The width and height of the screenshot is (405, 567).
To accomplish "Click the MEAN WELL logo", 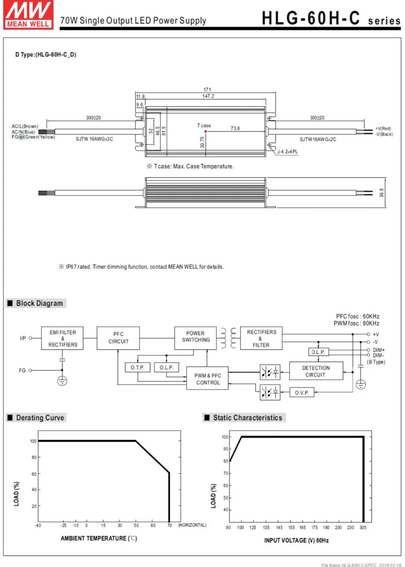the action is [x=28, y=15].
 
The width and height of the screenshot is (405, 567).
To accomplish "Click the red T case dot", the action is [x=206, y=131].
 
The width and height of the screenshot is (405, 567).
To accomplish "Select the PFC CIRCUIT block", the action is [x=118, y=338].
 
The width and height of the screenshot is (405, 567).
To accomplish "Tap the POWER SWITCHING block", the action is [x=196, y=338].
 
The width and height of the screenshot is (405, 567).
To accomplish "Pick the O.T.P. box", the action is [x=138, y=367].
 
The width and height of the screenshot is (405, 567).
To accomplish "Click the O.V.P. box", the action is [x=302, y=392].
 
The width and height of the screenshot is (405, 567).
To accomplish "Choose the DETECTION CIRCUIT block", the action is [x=316, y=371].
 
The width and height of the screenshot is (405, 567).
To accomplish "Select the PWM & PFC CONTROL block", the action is [x=207, y=378].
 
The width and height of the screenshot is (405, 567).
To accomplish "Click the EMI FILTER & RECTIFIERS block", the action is [x=62, y=338].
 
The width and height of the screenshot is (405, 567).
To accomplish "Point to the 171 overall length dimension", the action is [x=207, y=89].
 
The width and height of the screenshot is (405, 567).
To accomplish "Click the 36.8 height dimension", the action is [x=382, y=193].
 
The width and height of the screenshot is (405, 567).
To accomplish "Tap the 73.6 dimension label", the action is [x=235, y=128].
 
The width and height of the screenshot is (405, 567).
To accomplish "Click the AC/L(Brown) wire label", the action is [x=25, y=126].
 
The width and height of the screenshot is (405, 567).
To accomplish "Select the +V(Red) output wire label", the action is [x=383, y=128].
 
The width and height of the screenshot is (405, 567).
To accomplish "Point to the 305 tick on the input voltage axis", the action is [x=363, y=528].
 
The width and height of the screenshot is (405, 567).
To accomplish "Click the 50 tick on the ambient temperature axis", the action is [x=136, y=526].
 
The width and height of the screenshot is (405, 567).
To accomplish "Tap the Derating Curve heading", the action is [x=40, y=418].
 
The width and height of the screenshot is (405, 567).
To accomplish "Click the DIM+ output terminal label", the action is [x=379, y=350].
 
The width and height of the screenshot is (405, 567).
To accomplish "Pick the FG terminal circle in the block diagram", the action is [x=30, y=370].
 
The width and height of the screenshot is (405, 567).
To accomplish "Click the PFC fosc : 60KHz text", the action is [x=358, y=317].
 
